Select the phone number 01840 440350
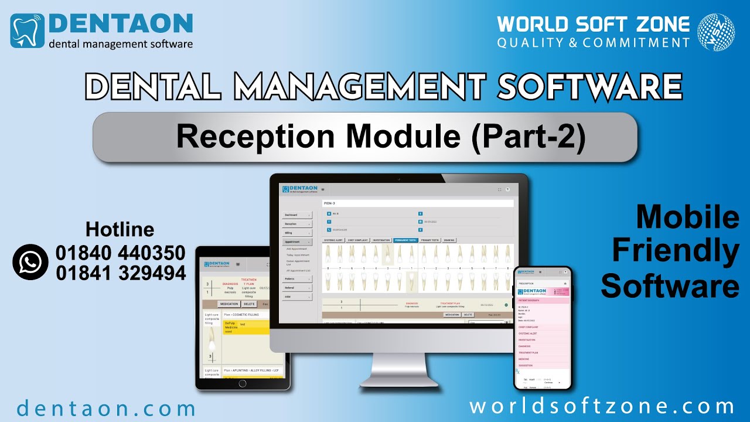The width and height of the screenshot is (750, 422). (121, 253)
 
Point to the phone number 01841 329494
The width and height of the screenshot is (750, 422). (121, 273)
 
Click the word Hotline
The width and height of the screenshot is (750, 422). (120, 229)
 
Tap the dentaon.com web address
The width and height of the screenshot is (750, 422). (106, 408)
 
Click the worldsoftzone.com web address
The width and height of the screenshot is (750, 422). (602, 407)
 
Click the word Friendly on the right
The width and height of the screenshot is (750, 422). (675, 252)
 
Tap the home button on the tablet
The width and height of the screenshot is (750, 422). (241, 383)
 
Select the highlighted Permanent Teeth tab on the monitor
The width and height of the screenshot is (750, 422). (405, 240)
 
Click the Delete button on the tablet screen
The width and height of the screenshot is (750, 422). (249, 304)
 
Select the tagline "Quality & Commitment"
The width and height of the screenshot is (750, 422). (593, 43)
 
